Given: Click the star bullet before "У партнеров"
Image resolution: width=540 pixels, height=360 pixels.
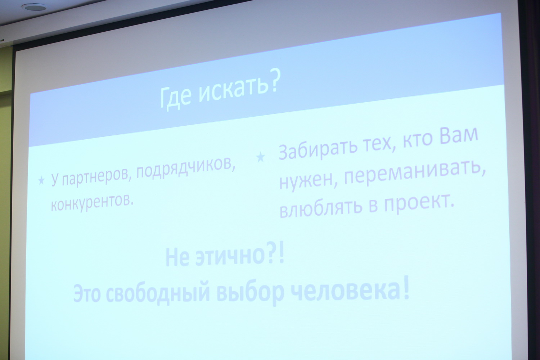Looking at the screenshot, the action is [41, 180].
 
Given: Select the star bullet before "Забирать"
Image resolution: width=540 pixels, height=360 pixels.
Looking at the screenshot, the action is [260, 157].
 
